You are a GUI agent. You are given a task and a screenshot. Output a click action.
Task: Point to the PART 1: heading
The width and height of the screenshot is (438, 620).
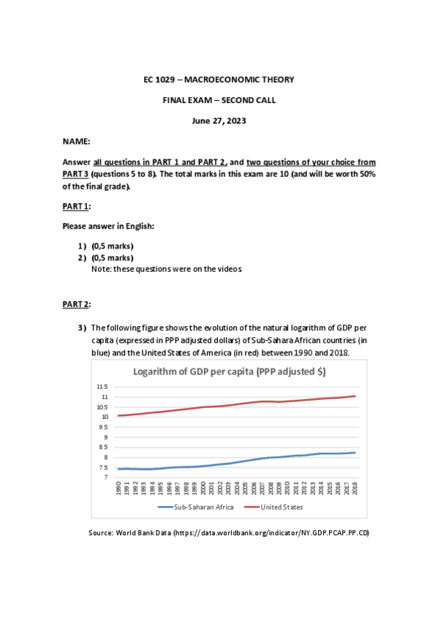point(76,206)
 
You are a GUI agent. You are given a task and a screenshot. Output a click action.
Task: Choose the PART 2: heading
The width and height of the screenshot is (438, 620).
point(76,303)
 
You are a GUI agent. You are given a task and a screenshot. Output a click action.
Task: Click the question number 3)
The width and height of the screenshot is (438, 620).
point(82,327)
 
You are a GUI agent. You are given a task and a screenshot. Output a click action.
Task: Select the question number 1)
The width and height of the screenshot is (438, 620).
point(82,246)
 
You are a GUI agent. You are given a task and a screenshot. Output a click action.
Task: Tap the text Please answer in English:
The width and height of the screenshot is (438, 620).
point(108,226)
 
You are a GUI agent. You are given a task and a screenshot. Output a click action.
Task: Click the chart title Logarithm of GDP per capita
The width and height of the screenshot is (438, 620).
point(229,371)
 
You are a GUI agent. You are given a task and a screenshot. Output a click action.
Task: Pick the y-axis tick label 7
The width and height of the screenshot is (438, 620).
point(105,477)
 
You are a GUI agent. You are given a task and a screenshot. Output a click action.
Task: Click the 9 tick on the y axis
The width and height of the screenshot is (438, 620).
point(105,436)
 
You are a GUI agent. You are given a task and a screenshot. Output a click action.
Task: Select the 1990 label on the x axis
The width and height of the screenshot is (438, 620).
point(118,488)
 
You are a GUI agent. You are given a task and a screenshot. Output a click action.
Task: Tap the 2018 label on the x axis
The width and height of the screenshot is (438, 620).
point(355,488)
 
